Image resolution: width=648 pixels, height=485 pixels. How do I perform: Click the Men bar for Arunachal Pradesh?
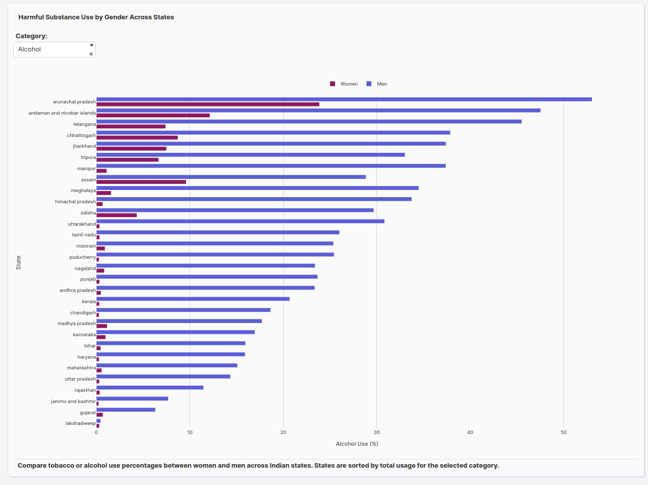pyautogui.click(x=344, y=99)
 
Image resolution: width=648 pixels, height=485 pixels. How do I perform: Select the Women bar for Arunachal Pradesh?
pyautogui.click(x=208, y=104)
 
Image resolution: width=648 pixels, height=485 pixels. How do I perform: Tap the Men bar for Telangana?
pyautogui.click(x=309, y=121)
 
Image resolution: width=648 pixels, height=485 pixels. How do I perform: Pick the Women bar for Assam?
pyautogui.click(x=141, y=182)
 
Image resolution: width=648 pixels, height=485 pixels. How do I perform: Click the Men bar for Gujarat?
pyautogui.click(x=126, y=410)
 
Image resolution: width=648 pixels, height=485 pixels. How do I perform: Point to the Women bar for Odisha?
pyautogui.click(x=117, y=215)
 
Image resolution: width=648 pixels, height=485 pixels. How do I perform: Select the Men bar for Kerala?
pyautogui.click(x=193, y=299)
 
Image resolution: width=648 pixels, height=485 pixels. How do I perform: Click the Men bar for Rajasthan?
pyautogui.click(x=150, y=388)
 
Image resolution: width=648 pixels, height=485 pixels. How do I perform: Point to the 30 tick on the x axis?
pyautogui.click(x=376, y=433)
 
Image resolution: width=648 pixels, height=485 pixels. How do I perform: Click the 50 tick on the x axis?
pyautogui.click(x=563, y=433)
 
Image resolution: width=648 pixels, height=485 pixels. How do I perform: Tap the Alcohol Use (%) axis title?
pyautogui.click(x=357, y=444)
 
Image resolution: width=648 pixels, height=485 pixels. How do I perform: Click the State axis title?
pyautogui.click(x=18, y=262)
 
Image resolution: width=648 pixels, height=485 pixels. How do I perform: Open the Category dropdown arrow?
pyautogui.click(x=92, y=45)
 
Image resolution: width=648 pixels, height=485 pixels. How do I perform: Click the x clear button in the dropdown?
pyautogui.click(x=91, y=54)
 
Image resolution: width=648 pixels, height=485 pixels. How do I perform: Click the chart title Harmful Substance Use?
pyautogui.click(x=96, y=17)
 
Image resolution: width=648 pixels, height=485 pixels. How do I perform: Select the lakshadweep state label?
pyautogui.click(x=80, y=423)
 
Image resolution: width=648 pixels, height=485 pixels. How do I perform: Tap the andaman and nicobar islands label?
pyautogui.click(x=62, y=113)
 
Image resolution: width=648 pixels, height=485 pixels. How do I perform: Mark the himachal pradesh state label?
pyautogui.click(x=75, y=202)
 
